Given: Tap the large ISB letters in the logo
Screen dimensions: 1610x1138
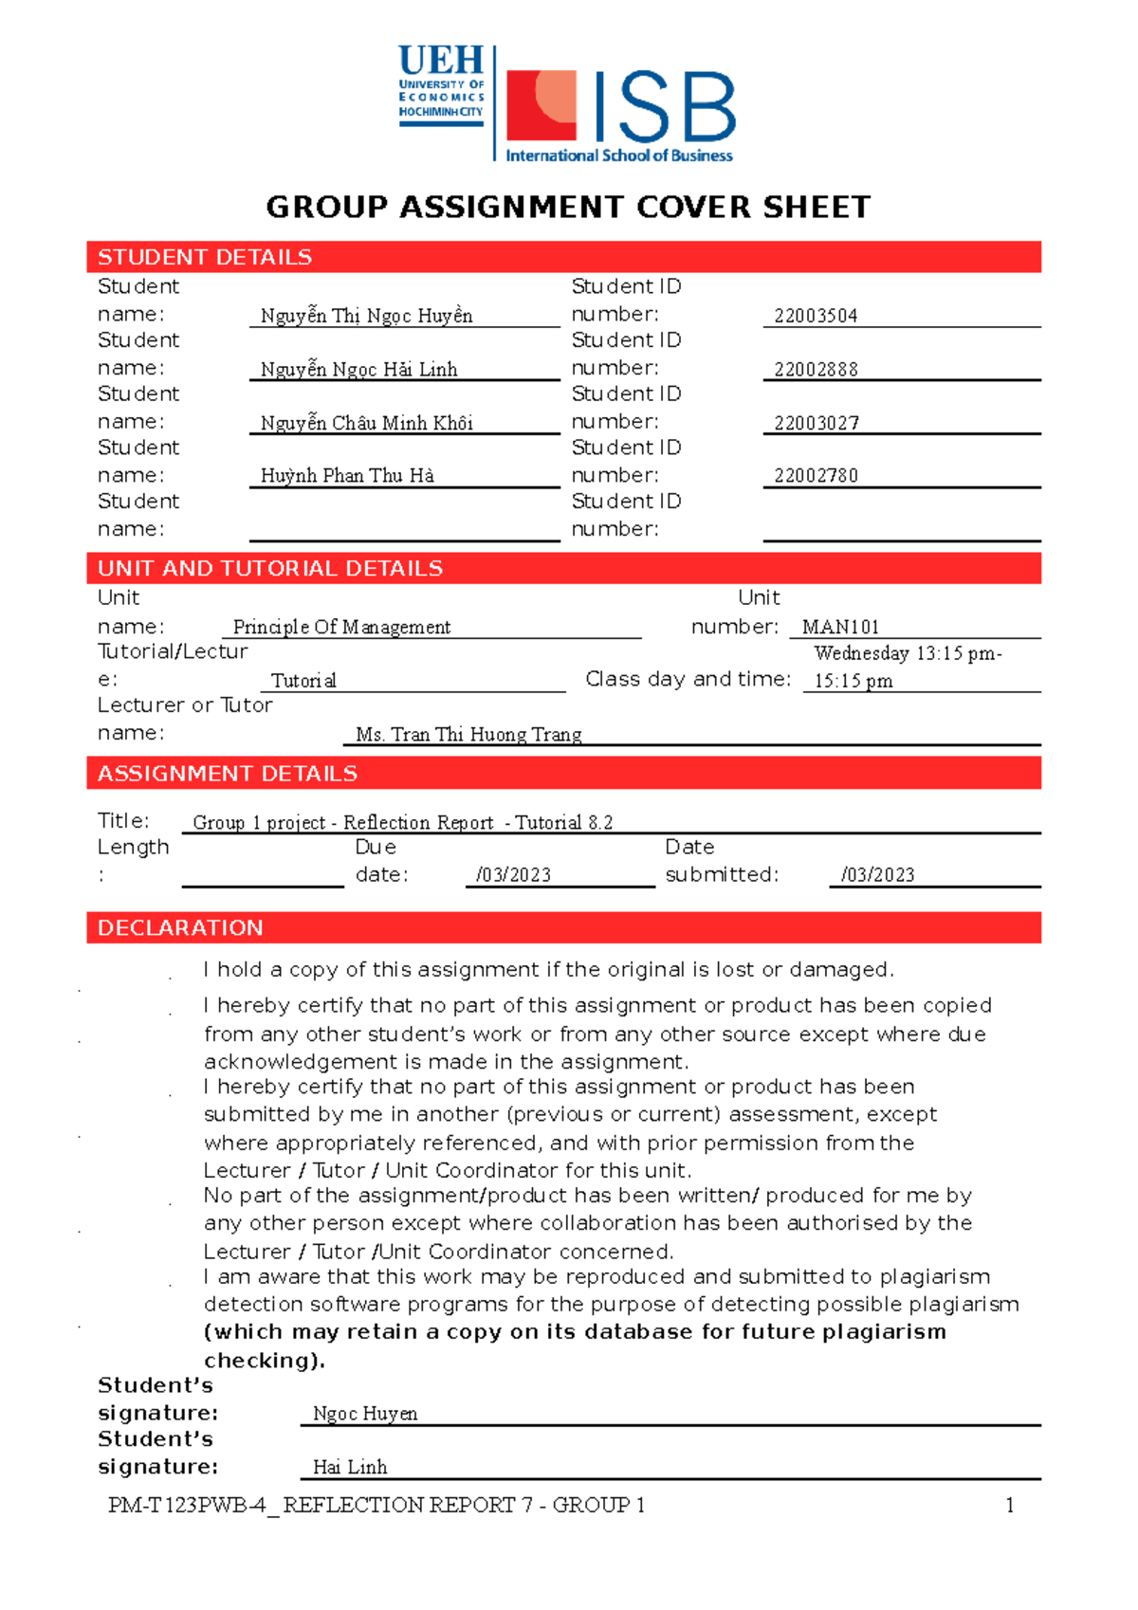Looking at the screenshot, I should [664, 108].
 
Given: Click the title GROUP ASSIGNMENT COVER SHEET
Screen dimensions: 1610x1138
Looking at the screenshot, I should [568, 207].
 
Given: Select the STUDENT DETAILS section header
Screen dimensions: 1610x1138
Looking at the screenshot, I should [205, 257].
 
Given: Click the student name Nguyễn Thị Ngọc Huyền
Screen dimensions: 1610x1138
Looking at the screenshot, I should [366, 316].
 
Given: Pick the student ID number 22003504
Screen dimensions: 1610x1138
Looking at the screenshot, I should [816, 316].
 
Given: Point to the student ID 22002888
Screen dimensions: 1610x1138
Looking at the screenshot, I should [816, 370].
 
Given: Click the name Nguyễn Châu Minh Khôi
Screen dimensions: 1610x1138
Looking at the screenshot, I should [366, 423].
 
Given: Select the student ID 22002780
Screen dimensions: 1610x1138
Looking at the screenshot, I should [816, 476].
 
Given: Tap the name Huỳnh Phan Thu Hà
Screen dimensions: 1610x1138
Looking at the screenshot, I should [347, 476].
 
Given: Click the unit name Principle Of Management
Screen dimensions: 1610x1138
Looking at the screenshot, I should [341, 627].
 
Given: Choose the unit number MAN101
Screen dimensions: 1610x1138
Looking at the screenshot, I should [840, 627].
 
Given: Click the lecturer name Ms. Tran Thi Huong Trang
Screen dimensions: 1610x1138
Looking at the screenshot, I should [468, 734].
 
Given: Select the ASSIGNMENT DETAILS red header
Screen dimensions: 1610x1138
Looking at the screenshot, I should [228, 774].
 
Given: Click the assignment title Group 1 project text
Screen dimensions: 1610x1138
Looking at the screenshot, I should [402, 822].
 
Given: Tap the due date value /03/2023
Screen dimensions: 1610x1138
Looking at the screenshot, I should [513, 874].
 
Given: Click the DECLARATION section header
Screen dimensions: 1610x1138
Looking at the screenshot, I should [180, 927].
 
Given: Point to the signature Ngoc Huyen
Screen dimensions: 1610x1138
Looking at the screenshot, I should [365, 1413].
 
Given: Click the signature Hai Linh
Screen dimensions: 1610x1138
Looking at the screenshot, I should [350, 1467].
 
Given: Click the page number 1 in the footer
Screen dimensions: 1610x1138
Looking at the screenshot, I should [1010, 1505].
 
